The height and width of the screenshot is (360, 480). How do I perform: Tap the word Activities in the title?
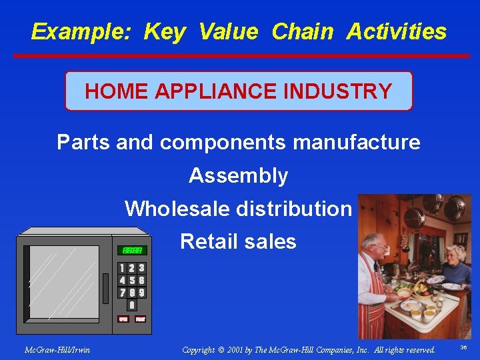(396, 31)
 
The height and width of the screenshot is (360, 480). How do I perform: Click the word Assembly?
(238, 175)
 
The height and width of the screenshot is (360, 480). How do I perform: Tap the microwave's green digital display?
(131, 250)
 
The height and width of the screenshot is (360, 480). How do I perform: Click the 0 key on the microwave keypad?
(132, 305)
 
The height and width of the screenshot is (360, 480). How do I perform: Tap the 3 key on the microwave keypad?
(141, 268)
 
